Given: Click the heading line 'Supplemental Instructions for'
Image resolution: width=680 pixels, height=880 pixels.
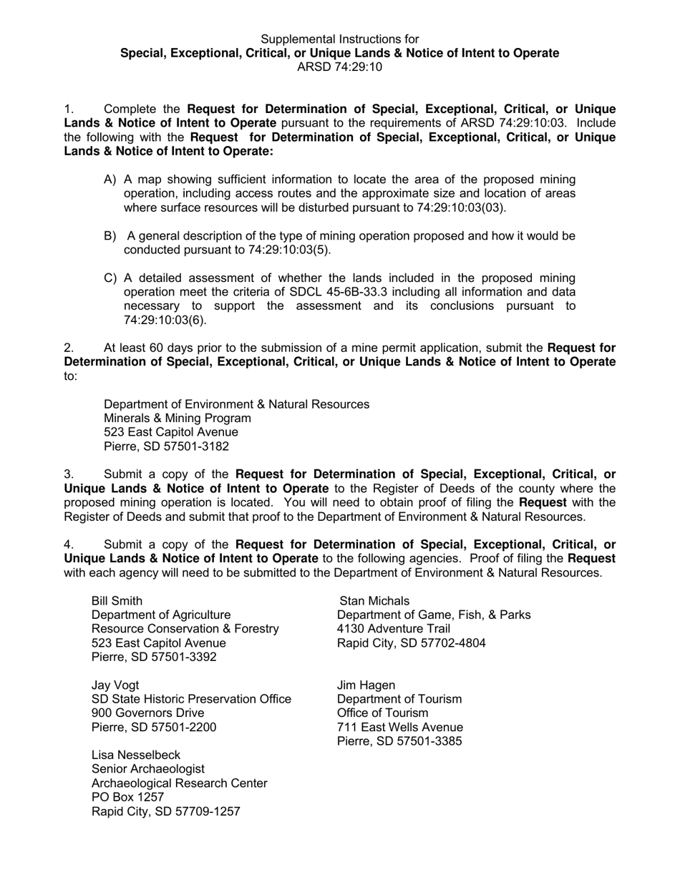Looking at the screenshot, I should pos(339,39).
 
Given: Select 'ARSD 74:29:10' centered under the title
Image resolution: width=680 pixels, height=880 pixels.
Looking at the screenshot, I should pos(339,67).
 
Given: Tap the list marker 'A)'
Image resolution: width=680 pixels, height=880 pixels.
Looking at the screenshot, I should pos(110,180).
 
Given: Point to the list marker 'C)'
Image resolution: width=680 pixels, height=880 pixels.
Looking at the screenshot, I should pos(110,278).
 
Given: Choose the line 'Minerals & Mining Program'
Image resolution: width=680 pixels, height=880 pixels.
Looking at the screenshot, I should pos(178,419).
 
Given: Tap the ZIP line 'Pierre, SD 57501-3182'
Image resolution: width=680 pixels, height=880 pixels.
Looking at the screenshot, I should pos(166,446).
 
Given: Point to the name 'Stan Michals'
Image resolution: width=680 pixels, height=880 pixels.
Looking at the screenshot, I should pos(374,600).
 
